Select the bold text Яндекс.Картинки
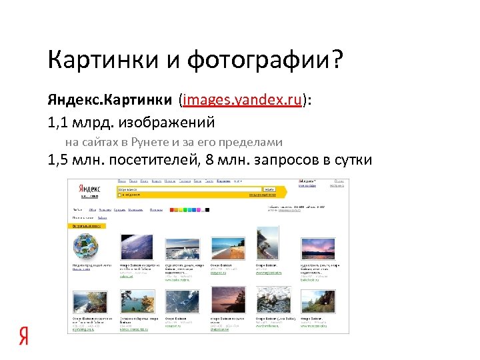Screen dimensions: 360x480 [109, 101]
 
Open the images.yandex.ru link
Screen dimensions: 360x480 [241, 101]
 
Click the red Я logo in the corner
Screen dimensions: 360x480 [23, 337]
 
